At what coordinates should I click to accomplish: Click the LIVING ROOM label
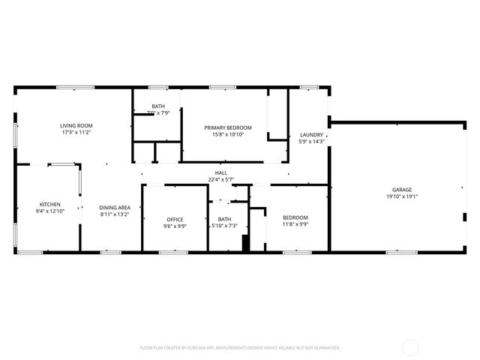pyautogui.click(x=76, y=125)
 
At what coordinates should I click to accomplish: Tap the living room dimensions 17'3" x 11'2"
pyautogui.click(x=76, y=133)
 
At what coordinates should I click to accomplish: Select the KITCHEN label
pyautogui.click(x=50, y=204)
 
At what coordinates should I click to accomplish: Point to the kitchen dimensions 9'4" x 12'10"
pyautogui.click(x=50, y=211)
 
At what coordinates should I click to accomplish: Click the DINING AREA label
pyautogui.click(x=115, y=207)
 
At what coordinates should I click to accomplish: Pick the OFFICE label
pyautogui.click(x=175, y=219)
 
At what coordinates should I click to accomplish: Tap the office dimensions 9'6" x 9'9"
pyautogui.click(x=175, y=226)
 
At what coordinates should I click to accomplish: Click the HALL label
pyautogui.click(x=221, y=172)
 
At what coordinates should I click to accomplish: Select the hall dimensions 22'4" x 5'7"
pyautogui.click(x=221, y=180)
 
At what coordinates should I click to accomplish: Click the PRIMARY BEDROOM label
pyautogui.click(x=228, y=127)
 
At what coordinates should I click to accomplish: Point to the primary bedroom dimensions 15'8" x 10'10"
pyautogui.click(x=228, y=135)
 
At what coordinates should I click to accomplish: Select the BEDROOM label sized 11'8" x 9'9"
pyautogui.click(x=295, y=217)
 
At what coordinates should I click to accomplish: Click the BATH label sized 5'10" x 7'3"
pyautogui.click(x=224, y=219)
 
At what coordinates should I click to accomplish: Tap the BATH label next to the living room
pyautogui.click(x=158, y=106)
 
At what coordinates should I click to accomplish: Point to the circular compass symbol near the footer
pyautogui.click(x=410, y=347)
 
